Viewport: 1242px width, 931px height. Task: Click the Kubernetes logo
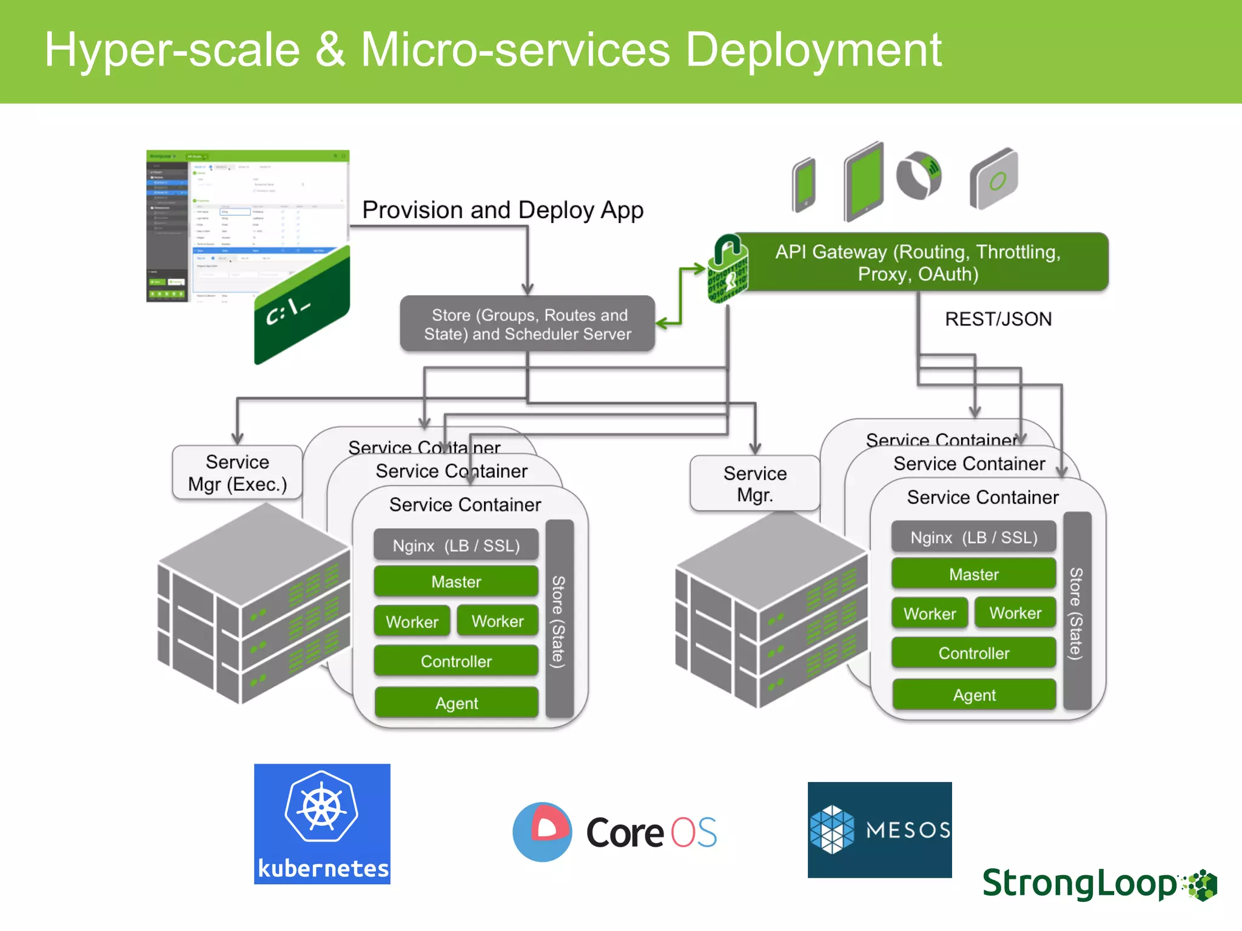tap(322, 823)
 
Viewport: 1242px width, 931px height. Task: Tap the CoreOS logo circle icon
tap(542, 832)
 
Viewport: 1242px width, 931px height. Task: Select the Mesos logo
tap(879, 829)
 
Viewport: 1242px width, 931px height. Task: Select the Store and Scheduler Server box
tap(528, 324)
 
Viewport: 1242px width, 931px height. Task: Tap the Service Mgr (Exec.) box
tap(237, 473)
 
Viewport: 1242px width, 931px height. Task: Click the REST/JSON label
tap(998, 319)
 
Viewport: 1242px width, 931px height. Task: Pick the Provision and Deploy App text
tap(502, 210)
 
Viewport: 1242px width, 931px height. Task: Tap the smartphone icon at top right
tap(805, 185)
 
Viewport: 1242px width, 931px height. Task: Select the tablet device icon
tap(864, 181)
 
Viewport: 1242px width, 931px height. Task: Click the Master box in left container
tap(456, 582)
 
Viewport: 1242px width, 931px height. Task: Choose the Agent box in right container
tap(974, 695)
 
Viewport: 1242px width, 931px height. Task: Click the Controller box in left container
tap(456, 661)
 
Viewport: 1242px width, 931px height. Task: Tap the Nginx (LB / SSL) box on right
tap(974, 538)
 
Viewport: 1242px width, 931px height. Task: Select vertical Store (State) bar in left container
tap(559, 618)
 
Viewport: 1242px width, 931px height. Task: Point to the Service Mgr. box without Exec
tap(755, 484)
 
